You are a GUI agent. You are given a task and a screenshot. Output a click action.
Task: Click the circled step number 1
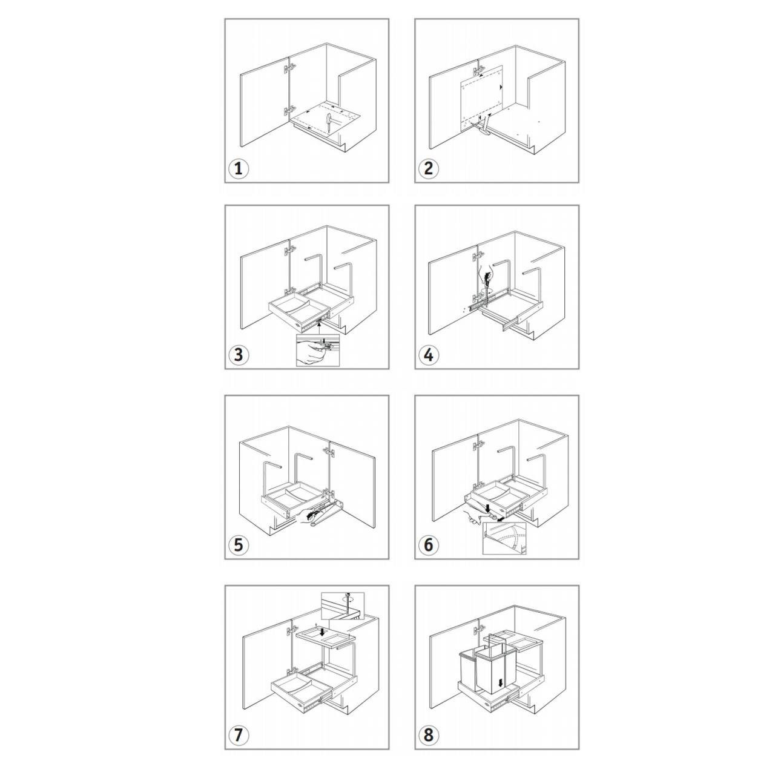point(239,168)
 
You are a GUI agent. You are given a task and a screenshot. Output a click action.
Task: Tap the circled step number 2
point(429,168)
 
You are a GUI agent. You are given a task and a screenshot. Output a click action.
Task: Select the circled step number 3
point(239,355)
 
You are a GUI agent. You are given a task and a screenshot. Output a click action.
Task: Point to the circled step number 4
point(429,355)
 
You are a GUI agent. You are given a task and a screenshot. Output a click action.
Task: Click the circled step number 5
point(239,545)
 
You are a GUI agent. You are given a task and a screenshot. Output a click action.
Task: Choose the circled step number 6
point(429,545)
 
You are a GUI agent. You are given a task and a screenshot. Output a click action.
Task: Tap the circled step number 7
point(239,735)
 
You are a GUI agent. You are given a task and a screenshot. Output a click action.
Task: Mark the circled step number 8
point(429,735)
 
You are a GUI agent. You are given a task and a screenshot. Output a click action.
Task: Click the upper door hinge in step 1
point(289,68)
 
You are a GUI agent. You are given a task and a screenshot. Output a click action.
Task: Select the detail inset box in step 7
point(342,605)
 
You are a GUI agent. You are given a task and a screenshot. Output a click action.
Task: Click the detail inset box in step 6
point(504,538)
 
